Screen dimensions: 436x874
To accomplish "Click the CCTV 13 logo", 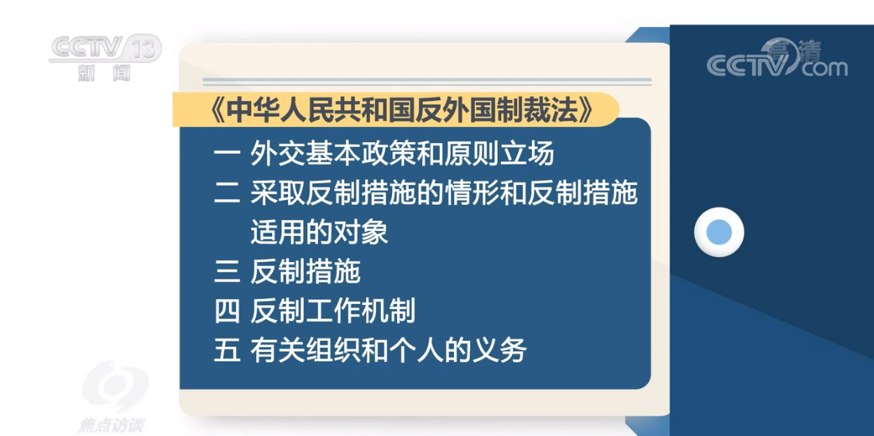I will click(105, 49).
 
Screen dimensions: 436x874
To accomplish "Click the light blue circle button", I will click(719, 233).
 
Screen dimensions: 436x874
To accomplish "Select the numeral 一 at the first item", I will click(227, 153).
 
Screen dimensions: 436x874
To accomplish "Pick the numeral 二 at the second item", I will click(227, 193).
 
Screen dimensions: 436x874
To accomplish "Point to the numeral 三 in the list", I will click(227, 272).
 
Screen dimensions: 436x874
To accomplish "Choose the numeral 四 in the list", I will click(227, 311).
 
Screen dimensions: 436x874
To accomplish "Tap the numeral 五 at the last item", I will click(227, 350).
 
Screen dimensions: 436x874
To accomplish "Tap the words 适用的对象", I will click(319, 232).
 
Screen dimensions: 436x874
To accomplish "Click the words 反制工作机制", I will click(332, 311).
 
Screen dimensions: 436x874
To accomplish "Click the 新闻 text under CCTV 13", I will click(104, 73).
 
